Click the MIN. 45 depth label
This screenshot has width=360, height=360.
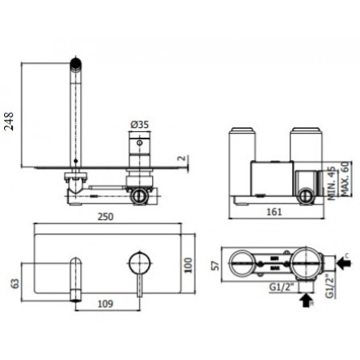pyautogui.click(x=331, y=178)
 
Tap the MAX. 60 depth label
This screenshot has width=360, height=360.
pyautogui.click(x=344, y=172)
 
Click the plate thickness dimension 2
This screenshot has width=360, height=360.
pyautogui.click(x=182, y=159)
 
